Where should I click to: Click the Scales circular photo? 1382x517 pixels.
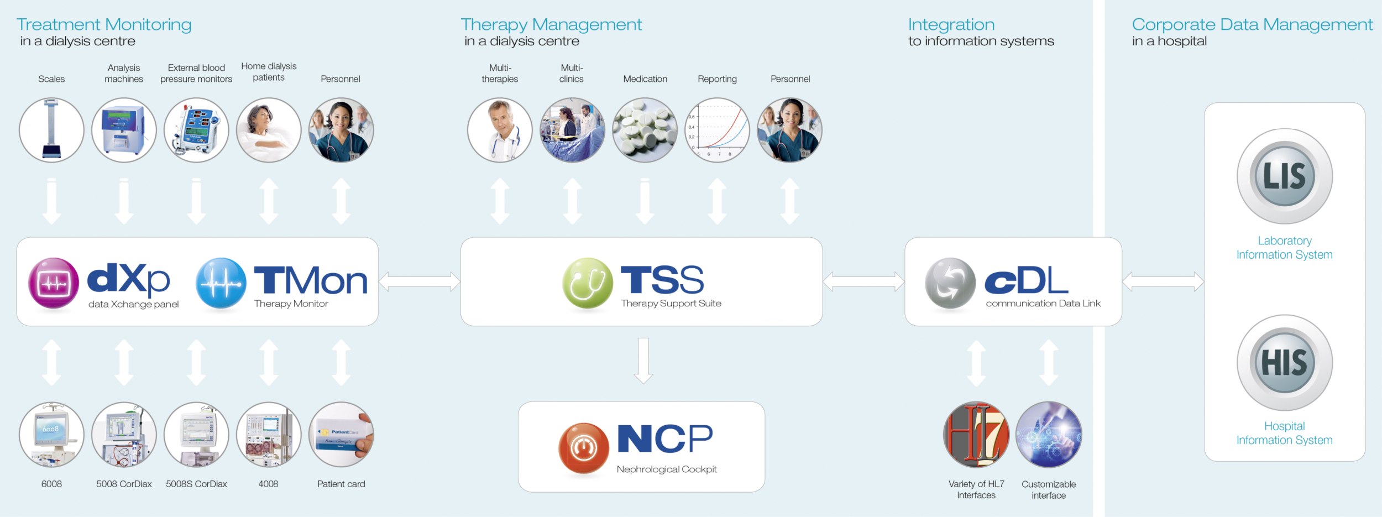coord(51,130)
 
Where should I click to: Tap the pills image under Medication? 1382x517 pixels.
coord(645,130)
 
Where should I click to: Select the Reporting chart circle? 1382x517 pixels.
coord(717,130)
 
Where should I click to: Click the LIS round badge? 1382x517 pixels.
coord(1284,176)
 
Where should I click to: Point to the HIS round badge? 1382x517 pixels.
coord(1284,362)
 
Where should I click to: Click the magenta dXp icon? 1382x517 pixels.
coord(54,283)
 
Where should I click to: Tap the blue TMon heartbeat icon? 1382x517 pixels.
coord(221,283)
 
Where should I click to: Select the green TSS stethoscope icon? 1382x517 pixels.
coord(587,283)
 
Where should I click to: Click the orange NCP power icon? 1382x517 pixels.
coord(583,448)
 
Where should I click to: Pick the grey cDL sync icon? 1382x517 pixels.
coord(950,283)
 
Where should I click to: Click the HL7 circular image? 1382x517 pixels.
coord(976,434)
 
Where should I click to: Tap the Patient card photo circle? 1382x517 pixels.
coord(341,434)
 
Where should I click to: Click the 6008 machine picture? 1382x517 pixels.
coord(51,434)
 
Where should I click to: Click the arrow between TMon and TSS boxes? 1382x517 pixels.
coord(419,281)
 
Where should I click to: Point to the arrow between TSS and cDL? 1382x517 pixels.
coord(863,281)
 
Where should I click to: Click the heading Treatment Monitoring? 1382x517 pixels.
coord(104,24)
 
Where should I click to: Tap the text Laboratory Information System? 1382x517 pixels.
coord(1284,248)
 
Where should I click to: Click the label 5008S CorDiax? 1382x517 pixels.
coord(196,484)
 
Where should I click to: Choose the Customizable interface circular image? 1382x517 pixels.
coord(1048,434)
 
